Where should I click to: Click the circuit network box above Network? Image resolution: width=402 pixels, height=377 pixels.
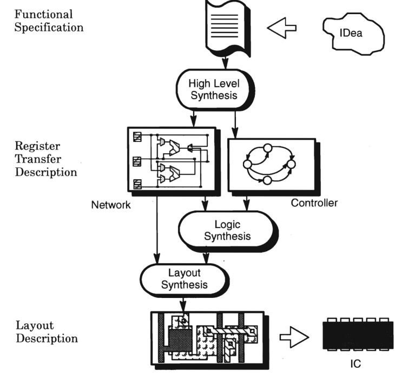tap(170, 160)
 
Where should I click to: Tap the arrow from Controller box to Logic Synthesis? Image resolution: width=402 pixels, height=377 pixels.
tap(247, 203)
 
